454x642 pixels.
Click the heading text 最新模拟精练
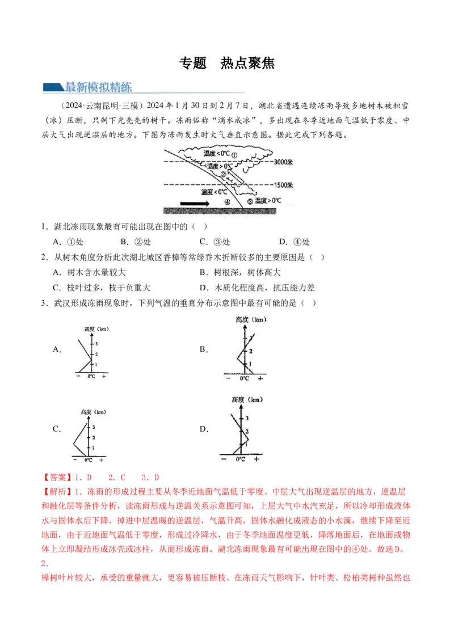pos(98,87)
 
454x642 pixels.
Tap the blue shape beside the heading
pos(53,87)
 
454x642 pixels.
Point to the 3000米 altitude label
pos(284,163)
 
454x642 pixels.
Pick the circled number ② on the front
pos(224,174)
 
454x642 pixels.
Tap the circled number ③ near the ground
pos(250,201)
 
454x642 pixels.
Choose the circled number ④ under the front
pos(227,202)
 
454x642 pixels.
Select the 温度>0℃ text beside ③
pos(269,201)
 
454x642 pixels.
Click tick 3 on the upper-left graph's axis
pos(96,344)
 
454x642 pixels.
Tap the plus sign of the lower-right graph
pos(257,459)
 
